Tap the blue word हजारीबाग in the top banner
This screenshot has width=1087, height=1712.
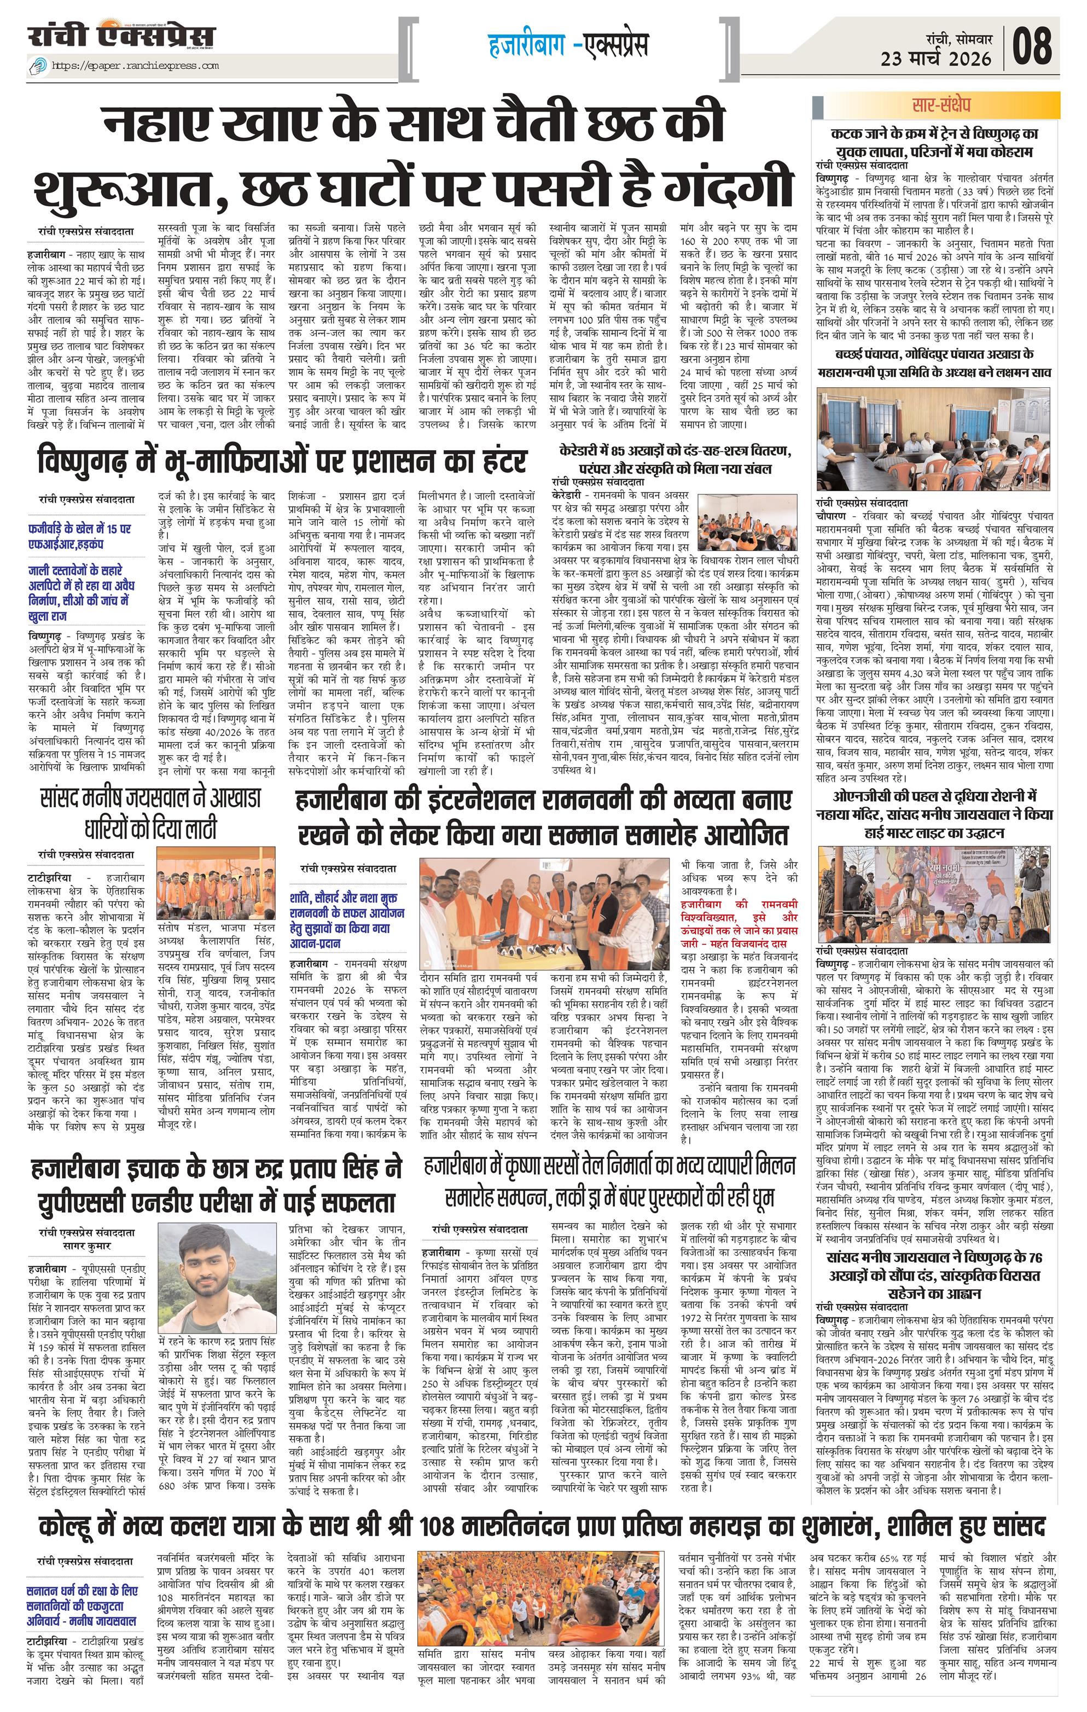[527, 45]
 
